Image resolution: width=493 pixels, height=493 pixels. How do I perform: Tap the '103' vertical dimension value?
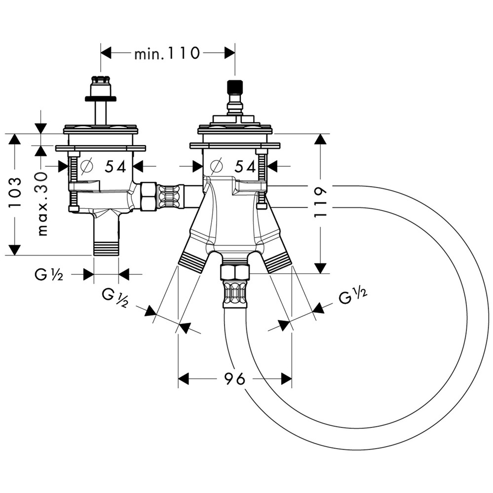click(15, 194)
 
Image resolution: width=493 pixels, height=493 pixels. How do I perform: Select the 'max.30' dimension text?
click(42, 203)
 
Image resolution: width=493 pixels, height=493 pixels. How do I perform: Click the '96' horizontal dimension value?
click(234, 379)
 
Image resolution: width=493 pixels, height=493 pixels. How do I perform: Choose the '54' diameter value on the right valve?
click(245, 167)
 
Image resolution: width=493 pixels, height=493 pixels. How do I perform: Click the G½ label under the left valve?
click(49, 275)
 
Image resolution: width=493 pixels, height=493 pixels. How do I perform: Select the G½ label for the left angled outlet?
click(115, 298)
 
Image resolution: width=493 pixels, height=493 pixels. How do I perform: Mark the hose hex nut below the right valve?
click(234, 271)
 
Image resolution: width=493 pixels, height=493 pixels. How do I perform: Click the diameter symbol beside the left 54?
click(87, 167)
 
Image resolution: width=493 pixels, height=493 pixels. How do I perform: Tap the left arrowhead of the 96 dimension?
click(184, 379)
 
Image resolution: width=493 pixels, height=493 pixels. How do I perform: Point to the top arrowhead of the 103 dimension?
click(15, 139)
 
